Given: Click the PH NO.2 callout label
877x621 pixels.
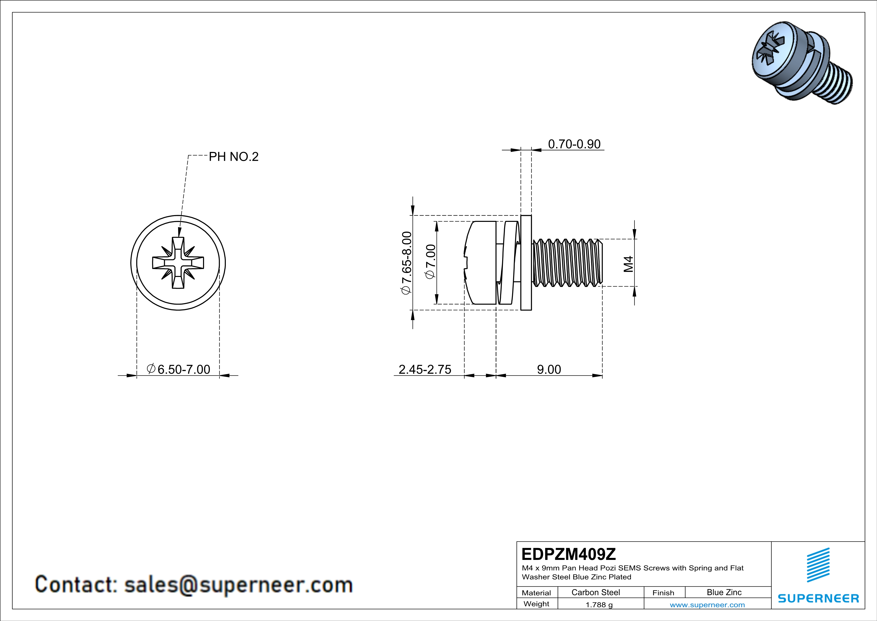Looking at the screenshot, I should pos(233,157).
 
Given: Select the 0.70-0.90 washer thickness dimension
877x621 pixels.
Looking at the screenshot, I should pos(574,144).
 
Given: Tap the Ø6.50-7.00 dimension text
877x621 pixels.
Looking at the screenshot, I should pos(178,369).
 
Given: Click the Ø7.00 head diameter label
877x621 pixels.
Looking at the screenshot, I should pos(430,262).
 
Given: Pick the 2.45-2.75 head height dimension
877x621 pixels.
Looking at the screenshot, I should pos(425,369).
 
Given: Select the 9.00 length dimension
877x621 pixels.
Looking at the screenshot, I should pos(549,369).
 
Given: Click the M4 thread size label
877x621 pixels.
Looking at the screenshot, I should pos(628,264).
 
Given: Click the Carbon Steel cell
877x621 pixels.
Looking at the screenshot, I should pos(595,592).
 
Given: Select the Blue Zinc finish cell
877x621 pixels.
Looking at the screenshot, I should pos(724,592).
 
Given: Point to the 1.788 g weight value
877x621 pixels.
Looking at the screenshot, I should pos(599,604).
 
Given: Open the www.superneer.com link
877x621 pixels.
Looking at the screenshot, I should pos(707,604).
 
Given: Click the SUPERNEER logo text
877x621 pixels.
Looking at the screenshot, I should pos(818,598).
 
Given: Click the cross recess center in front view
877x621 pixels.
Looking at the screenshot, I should pos(178,263).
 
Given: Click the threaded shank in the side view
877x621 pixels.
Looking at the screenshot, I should pos(567,263).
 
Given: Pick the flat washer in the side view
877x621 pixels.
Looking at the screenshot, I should pos(526,263).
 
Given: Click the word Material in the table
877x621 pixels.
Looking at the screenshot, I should pos(536,593).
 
